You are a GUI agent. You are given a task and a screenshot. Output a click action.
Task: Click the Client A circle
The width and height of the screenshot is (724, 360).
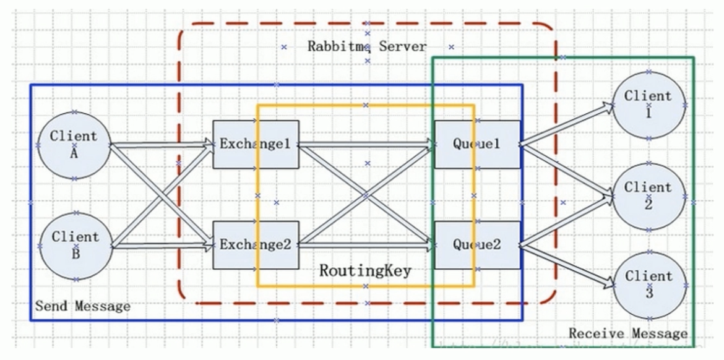pos(74,145)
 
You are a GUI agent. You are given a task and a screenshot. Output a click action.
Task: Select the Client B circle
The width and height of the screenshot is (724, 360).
pos(75,246)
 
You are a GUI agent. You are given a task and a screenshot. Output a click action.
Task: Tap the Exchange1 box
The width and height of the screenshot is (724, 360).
pos(255,144)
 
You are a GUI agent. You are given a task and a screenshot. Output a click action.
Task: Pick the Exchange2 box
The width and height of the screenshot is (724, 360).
pos(255,244)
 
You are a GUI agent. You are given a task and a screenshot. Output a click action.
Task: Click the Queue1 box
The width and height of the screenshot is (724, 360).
pos(475,144)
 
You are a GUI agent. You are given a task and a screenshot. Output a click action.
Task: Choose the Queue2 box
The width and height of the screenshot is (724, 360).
pos(475,244)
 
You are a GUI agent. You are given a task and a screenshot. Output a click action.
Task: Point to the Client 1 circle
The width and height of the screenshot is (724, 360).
pos(648,105)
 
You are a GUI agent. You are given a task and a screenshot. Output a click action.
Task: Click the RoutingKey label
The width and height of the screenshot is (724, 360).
pos(365,271)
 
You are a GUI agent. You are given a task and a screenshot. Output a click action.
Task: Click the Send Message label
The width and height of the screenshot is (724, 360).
pos(82,306)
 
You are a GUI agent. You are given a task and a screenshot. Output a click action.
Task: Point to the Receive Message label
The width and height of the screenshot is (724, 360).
pos(628,333)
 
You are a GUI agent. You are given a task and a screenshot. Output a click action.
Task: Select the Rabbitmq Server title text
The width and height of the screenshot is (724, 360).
pos(367,46)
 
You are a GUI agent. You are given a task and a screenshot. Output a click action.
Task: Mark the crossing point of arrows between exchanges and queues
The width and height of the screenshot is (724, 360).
pos(366,195)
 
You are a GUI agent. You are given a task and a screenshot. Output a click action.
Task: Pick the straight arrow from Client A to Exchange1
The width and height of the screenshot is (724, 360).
pos(161,145)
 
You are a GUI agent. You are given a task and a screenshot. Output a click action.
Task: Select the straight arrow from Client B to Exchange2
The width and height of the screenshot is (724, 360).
pos(161,246)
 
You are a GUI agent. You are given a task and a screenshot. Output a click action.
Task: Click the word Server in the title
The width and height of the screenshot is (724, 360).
pos(403,46)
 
